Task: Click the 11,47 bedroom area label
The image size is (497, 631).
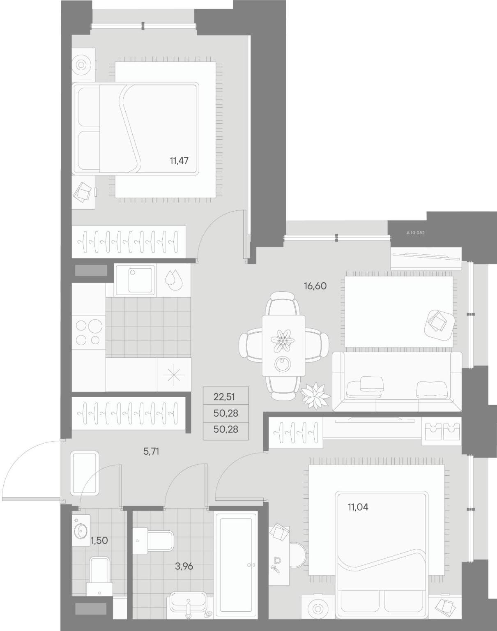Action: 179,161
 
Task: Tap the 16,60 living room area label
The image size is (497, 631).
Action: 315,286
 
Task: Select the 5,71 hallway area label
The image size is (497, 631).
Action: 151,451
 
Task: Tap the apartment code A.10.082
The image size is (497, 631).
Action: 416,233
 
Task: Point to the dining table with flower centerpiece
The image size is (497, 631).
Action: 283,346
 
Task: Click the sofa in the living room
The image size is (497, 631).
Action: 397,381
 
